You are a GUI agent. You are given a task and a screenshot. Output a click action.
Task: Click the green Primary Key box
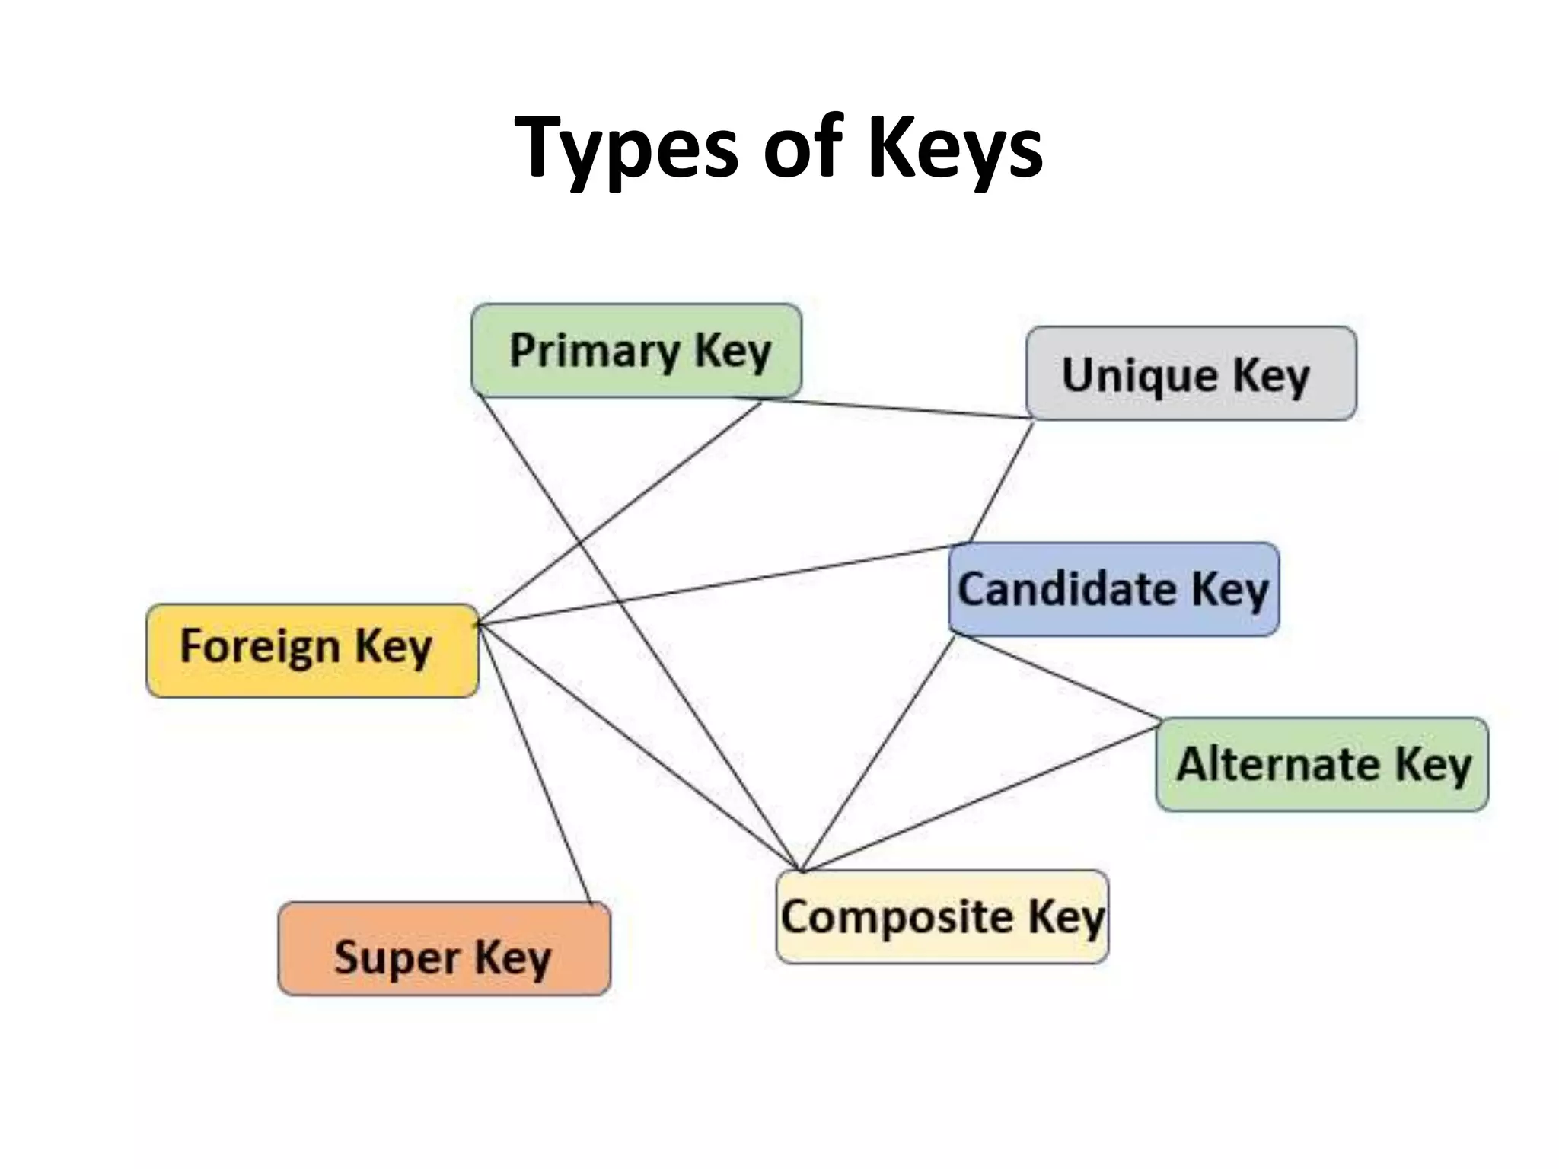[636, 351]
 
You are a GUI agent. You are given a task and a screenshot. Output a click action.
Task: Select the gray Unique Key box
[1191, 374]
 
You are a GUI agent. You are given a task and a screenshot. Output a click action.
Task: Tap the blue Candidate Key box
[1114, 589]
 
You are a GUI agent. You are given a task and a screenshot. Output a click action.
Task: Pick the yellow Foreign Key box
[312, 651]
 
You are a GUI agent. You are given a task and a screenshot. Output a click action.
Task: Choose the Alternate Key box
[1322, 764]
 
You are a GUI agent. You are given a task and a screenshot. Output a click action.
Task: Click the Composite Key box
[942, 917]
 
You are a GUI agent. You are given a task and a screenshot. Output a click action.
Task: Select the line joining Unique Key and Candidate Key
[1001, 483]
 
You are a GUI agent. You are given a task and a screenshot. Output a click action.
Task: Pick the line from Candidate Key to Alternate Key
[1058, 677]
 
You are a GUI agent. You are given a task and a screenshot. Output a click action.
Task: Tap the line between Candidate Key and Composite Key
[878, 753]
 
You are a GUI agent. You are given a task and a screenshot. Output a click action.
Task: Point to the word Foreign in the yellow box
[260, 647]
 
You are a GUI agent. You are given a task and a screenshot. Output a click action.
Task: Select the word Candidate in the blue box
[1066, 589]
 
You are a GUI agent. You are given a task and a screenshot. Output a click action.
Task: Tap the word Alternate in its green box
[1277, 764]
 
